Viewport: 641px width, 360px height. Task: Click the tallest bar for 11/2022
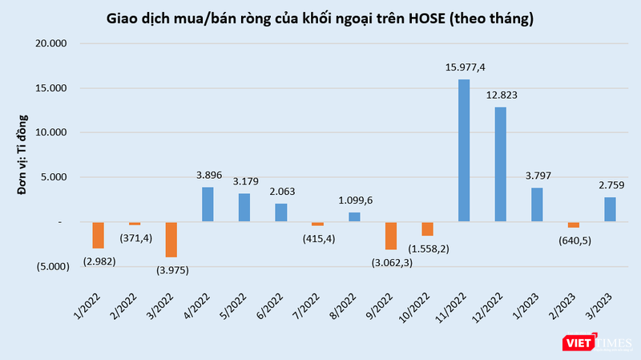click(x=464, y=150)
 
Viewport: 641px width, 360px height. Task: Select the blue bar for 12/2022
click(x=500, y=164)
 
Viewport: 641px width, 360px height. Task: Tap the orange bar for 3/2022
click(x=171, y=239)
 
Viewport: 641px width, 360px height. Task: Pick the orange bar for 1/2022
click(x=98, y=235)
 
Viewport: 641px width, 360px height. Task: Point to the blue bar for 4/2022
click(x=208, y=204)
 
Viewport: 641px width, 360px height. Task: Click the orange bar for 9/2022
click(x=391, y=235)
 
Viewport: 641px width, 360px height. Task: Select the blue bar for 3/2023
click(x=610, y=209)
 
